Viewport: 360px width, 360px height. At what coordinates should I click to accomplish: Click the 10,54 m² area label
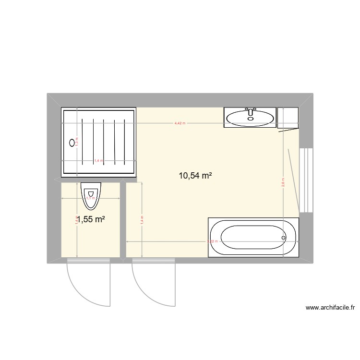195,176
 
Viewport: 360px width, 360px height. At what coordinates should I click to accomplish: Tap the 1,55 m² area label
91,219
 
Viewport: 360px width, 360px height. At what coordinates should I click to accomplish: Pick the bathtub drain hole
284,238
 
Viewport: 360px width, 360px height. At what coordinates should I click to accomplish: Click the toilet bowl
91,198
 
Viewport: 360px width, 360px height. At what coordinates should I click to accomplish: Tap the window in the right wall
306,180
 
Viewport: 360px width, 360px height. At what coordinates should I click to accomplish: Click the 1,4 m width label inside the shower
98,161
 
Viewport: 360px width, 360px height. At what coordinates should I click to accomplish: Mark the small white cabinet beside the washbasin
288,118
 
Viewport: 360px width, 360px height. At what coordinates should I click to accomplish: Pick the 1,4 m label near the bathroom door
142,219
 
